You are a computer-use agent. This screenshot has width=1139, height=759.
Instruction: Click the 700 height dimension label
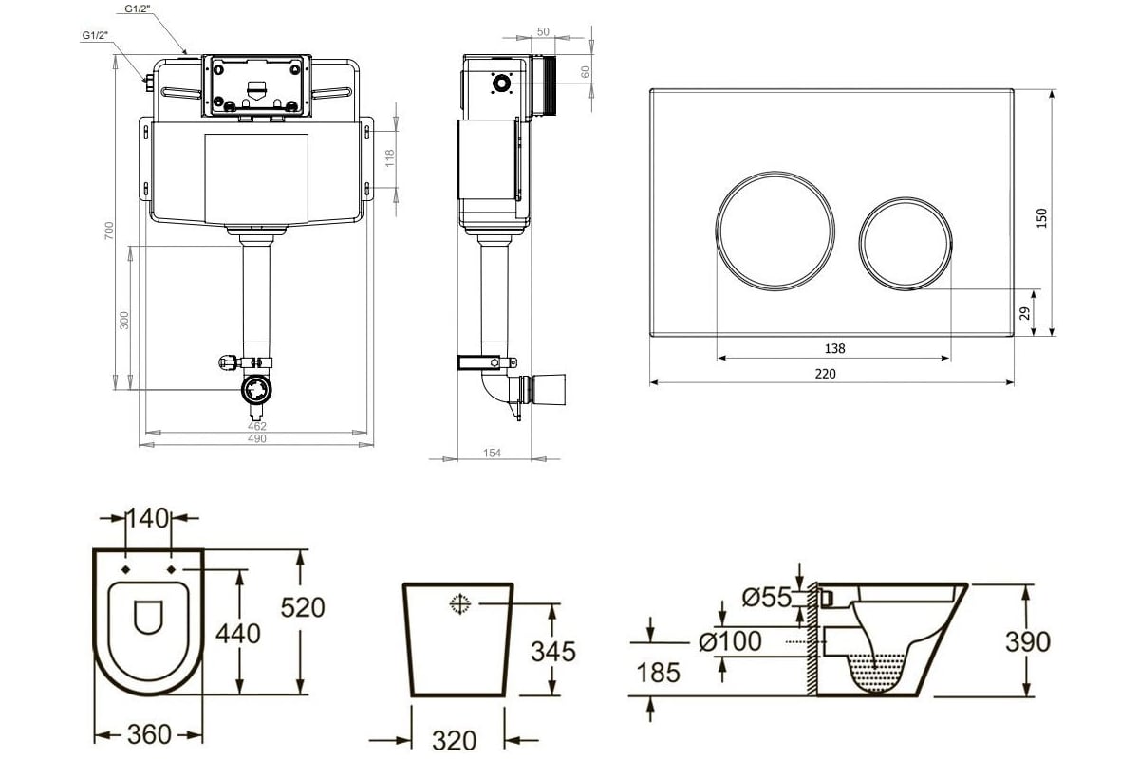pyautogui.click(x=109, y=231)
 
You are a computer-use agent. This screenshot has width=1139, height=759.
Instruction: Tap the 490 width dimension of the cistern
pyautogui.click(x=257, y=438)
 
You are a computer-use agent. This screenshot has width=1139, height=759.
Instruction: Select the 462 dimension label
pyautogui.click(x=257, y=426)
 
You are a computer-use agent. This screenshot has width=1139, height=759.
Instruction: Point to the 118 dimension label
pyautogui.click(x=389, y=158)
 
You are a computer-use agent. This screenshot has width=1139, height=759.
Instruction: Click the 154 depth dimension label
pyautogui.click(x=492, y=453)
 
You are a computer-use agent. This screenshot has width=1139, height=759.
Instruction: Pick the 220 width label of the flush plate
pyautogui.click(x=825, y=374)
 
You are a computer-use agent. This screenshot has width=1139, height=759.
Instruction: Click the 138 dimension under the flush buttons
pyautogui.click(x=834, y=348)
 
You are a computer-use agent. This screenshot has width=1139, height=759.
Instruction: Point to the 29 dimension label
pyautogui.click(x=1025, y=313)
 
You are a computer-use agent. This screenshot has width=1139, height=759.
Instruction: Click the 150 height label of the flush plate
pyautogui.click(x=1042, y=218)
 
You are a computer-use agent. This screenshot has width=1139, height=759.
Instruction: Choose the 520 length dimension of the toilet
pyautogui.click(x=303, y=607)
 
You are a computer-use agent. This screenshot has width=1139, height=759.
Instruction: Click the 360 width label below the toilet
pyautogui.click(x=149, y=734)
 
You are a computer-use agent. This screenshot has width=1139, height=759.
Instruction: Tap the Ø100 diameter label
pyautogui.click(x=730, y=641)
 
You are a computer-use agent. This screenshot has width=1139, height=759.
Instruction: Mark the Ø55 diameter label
pyautogui.click(x=767, y=597)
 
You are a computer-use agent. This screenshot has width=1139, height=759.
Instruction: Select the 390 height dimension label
pyautogui.click(x=1028, y=641)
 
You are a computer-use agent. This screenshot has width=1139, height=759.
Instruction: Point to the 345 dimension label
pyautogui.click(x=553, y=651)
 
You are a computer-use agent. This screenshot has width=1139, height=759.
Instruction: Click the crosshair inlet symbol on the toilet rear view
pyautogui.click(x=460, y=603)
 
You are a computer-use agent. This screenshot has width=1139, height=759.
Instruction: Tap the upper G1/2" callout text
pyautogui.click(x=138, y=9)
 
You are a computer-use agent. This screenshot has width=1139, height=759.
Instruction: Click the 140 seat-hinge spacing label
pyautogui.click(x=147, y=518)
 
